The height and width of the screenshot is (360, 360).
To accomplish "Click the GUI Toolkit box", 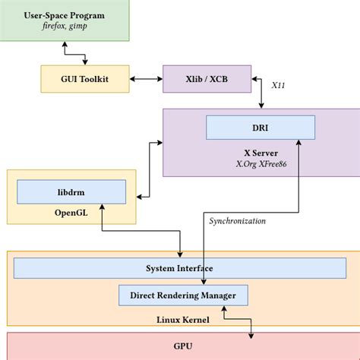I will click(x=84, y=77).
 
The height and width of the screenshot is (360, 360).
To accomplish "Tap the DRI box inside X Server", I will click(x=260, y=127).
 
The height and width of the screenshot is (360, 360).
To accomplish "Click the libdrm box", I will click(x=71, y=191).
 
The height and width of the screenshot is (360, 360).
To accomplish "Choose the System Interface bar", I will click(x=178, y=268).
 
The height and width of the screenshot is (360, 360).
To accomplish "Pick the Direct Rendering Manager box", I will click(x=182, y=295).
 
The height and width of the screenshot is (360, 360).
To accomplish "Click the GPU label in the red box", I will click(x=182, y=346).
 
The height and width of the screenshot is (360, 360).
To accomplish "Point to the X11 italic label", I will click(x=278, y=87).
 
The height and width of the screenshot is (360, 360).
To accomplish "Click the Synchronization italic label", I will click(x=237, y=221).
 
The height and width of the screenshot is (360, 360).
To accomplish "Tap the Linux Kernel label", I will click(x=182, y=320).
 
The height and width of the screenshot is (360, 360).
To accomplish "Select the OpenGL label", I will click(x=71, y=213).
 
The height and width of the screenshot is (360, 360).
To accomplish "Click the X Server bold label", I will click(x=260, y=152).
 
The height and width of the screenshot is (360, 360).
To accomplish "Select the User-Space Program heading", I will click(x=65, y=14).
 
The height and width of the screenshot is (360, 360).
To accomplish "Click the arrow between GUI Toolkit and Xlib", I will click(x=147, y=77).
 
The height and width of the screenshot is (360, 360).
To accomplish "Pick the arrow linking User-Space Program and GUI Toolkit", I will click(x=74, y=53).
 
